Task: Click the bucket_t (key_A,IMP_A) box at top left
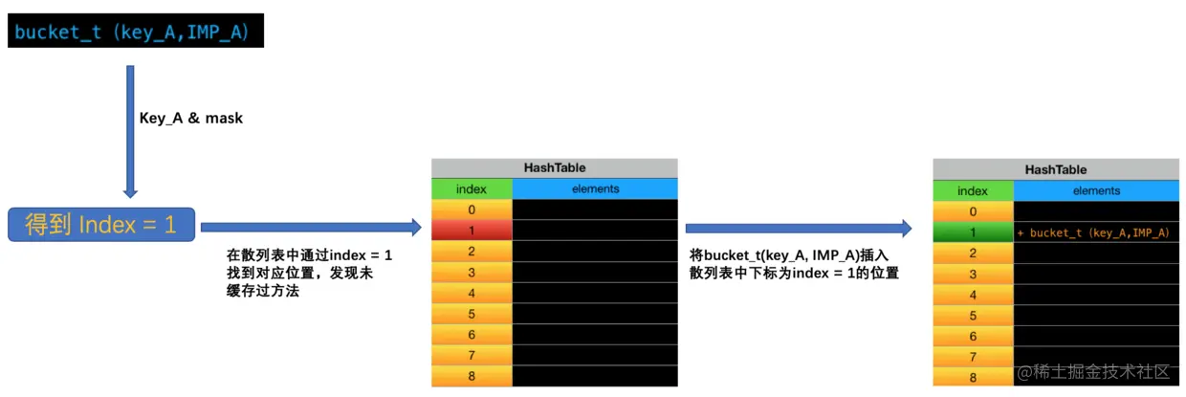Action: [x=134, y=33]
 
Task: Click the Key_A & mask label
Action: [x=191, y=119]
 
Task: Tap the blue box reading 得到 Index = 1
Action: [x=101, y=225]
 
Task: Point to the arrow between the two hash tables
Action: [x=799, y=228]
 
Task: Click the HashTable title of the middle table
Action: [x=554, y=167]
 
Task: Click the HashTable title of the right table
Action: [x=1055, y=169]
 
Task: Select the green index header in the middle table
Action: [x=472, y=188]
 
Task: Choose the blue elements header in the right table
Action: [x=1095, y=190]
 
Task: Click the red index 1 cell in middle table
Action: [x=472, y=231]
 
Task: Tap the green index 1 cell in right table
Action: [x=973, y=232]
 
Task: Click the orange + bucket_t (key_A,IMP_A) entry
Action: [x=1093, y=232]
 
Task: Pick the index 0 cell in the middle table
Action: [x=472, y=210]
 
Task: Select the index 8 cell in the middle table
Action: [x=472, y=376]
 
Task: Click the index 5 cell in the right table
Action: [x=973, y=316]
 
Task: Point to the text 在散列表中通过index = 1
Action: [x=309, y=256]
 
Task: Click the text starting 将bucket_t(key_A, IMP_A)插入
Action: [x=790, y=256]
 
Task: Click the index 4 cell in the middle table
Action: [x=472, y=293]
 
